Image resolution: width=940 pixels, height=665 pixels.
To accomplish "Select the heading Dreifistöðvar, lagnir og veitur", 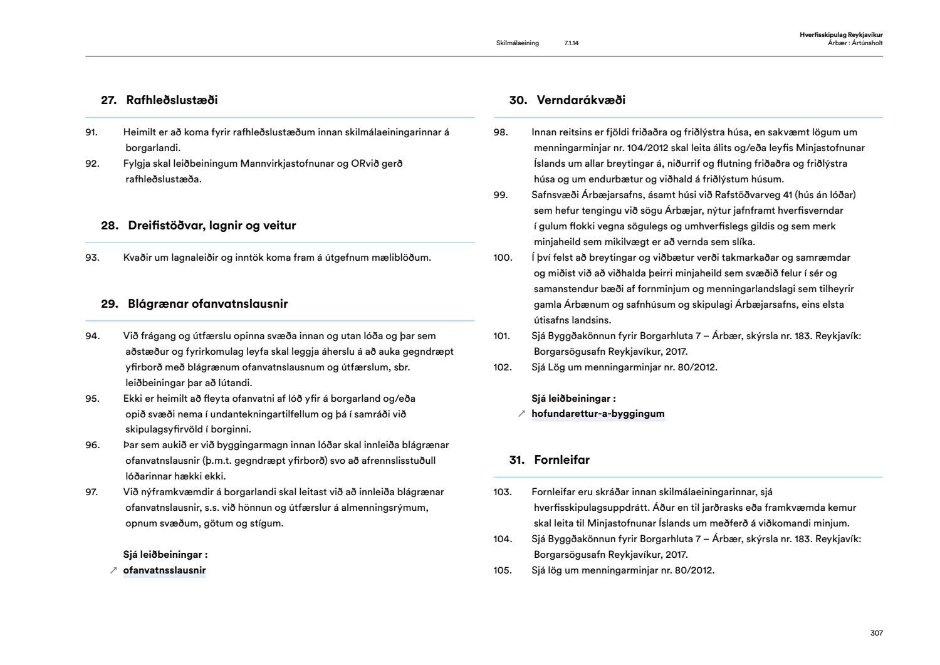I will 198,226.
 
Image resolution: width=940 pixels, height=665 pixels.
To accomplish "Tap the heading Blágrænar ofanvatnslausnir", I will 194,304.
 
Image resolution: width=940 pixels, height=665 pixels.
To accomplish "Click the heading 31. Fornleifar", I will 549,460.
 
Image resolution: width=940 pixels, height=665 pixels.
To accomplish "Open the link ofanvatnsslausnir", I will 164,570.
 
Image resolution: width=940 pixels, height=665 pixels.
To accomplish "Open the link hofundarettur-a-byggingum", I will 598,414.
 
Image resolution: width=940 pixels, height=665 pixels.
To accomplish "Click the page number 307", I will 876,633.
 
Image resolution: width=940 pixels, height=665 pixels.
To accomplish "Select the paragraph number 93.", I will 92,258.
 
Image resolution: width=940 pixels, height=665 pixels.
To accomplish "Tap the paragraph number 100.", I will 503,258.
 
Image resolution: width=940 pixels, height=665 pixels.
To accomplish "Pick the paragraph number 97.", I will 92,492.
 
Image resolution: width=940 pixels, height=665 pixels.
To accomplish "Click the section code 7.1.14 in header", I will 571,43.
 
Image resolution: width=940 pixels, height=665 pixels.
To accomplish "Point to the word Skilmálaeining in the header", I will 517,43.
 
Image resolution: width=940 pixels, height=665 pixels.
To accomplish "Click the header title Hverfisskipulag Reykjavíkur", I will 841,35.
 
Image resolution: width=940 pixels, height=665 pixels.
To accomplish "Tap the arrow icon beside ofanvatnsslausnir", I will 113,570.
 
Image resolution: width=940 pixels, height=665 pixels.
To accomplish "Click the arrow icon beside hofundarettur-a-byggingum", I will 521,414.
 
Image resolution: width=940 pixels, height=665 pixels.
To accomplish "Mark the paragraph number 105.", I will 503,570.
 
